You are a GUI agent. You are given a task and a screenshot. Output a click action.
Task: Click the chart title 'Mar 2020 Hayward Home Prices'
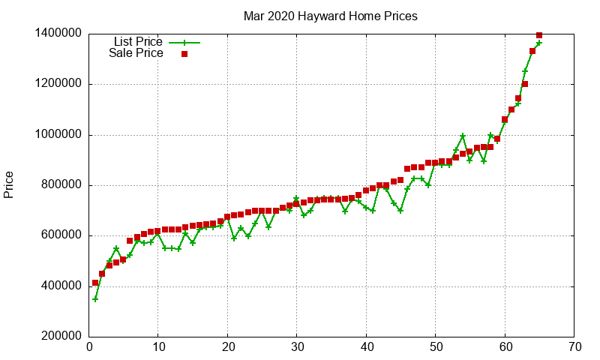point(330,16)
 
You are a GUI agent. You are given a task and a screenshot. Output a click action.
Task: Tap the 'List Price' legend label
point(138,41)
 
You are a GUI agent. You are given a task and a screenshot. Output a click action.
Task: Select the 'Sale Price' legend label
point(136,53)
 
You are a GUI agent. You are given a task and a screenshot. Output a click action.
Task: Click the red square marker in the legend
point(184,54)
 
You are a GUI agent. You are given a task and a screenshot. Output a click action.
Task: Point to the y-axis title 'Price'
point(9,184)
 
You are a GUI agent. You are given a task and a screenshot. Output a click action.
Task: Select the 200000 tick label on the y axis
point(58,337)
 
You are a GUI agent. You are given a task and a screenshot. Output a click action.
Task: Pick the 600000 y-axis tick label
point(58,235)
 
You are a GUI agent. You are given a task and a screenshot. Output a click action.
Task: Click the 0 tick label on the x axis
point(88,347)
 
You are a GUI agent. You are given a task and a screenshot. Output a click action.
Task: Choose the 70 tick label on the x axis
point(574,347)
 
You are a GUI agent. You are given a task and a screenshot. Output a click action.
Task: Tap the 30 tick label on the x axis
point(296,347)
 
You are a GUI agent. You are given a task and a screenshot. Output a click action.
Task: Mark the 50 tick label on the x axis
point(435,347)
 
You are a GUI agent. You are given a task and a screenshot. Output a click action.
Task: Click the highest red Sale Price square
point(539,34)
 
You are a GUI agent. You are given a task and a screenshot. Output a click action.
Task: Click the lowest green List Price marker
point(95,298)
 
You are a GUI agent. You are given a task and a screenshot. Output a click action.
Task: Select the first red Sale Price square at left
point(95,283)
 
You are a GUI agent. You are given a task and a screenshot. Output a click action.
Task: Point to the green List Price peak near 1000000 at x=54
point(463,136)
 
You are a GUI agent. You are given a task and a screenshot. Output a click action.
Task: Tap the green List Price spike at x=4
point(116,248)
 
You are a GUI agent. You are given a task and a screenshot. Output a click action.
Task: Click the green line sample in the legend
point(184,42)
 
